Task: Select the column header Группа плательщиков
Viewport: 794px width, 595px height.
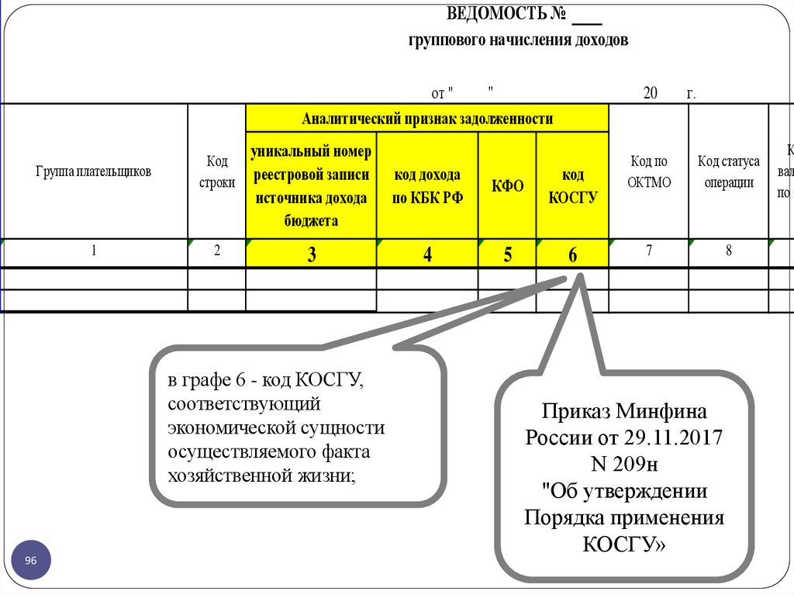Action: [x=93, y=171]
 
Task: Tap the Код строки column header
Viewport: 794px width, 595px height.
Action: [x=217, y=171]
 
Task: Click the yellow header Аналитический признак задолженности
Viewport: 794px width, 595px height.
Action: [x=427, y=118]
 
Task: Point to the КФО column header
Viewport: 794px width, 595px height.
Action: [x=507, y=186]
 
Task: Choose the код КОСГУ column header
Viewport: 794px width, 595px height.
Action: [x=572, y=186]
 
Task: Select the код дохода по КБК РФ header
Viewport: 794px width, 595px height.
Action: [x=427, y=186]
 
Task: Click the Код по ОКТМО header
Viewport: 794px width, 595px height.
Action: [x=649, y=171]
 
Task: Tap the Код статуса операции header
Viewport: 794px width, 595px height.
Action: [x=728, y=171]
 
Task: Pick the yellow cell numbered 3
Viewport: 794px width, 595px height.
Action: [x=311, y=254]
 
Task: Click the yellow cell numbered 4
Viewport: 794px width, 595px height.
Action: [x=427, y=254]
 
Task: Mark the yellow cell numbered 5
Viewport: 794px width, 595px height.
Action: [x=507, y=254]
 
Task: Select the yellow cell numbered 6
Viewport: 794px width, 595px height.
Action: [x=572, y=254]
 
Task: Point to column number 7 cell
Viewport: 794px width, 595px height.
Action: [x=649, y=251]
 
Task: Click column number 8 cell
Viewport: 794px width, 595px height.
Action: [x=728, y=251]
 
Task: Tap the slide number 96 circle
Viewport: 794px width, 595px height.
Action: [x=31, y=560]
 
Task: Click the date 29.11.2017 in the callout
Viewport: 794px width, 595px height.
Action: [x=678, y=438]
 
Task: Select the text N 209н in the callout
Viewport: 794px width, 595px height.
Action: [x=624, y=465]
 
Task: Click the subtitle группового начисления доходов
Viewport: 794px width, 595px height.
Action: [x=518, y=41]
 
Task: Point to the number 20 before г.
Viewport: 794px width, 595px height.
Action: [x=650, y=93]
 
